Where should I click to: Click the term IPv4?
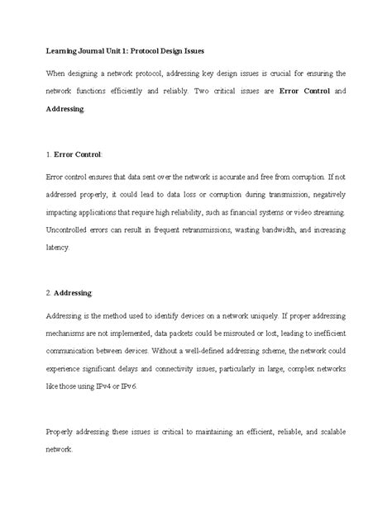point(107,384)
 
